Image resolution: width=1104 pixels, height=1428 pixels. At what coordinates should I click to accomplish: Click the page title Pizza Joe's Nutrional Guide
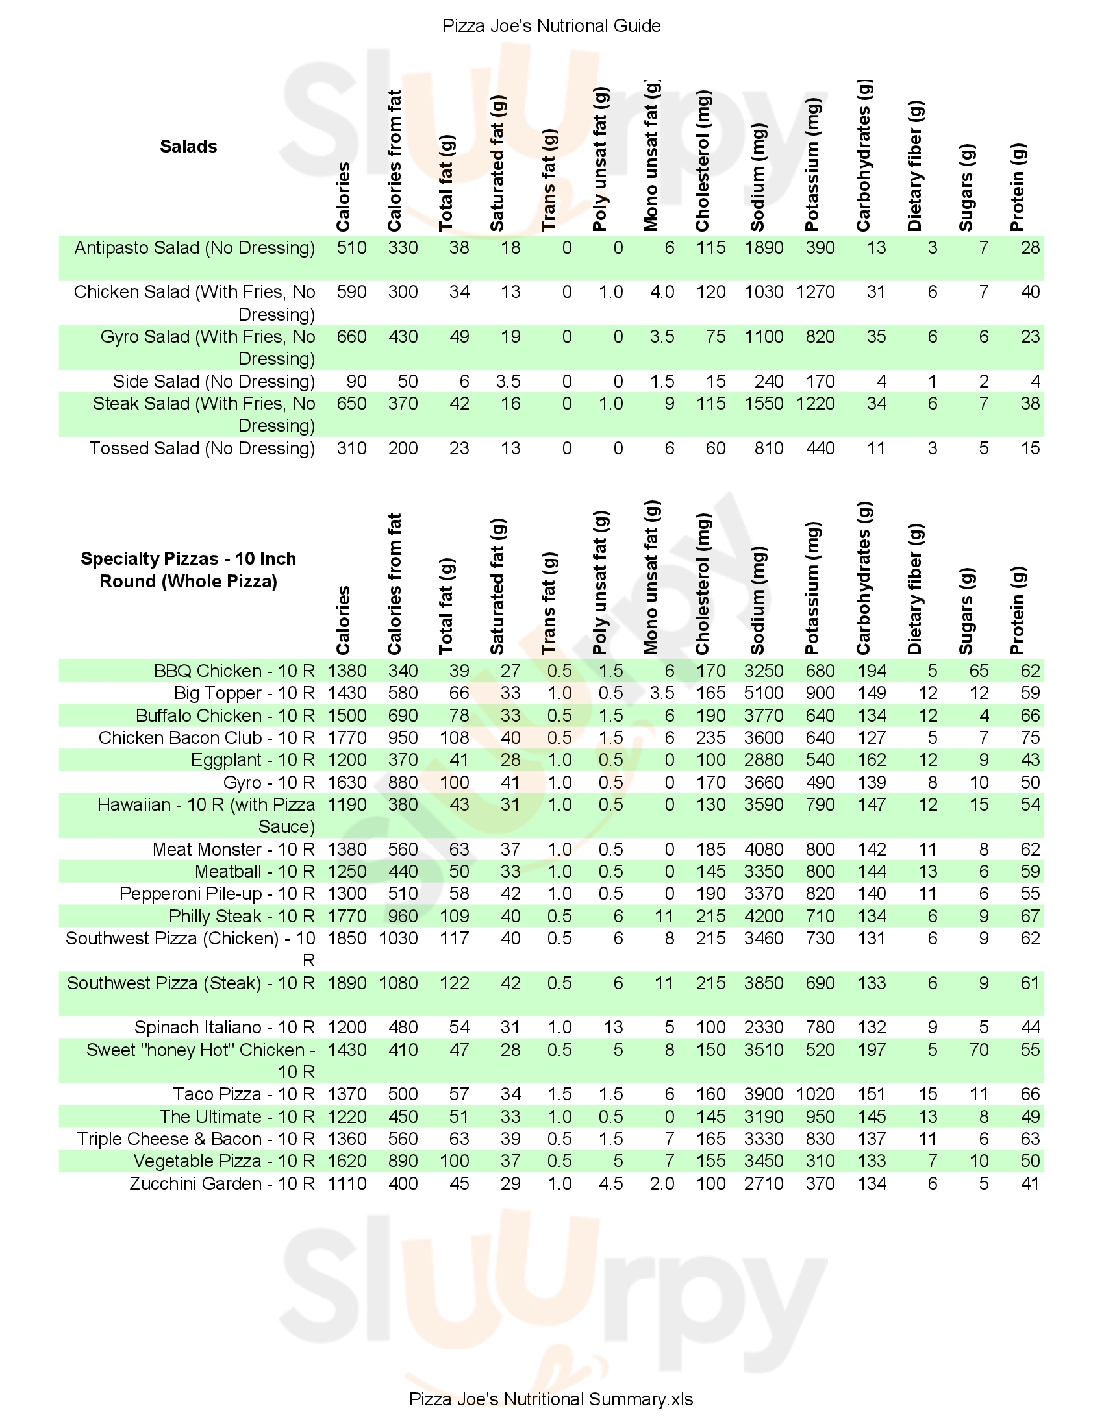point(551,25)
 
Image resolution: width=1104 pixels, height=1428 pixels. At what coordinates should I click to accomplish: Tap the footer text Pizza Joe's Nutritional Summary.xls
point(551,1399)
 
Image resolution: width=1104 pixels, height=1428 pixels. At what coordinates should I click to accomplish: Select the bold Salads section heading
point(188,147)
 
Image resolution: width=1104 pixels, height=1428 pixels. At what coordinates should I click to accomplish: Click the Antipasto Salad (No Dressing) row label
point(195,248)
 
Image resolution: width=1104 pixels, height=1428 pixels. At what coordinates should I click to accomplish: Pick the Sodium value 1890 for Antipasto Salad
point(763,248)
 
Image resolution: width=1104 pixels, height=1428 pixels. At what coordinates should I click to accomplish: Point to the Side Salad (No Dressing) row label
point(214,381)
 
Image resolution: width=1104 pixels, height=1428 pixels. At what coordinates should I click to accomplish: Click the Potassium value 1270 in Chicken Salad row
point(815,291)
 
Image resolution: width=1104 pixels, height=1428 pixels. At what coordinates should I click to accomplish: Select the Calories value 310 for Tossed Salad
point(351,449)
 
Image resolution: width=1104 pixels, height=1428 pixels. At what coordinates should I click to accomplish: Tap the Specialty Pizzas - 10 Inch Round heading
point(188,569)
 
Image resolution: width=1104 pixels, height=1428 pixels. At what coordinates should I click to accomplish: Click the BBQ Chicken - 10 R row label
point(234,671)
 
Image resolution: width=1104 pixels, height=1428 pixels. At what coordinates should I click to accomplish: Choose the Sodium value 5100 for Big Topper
point(763,693)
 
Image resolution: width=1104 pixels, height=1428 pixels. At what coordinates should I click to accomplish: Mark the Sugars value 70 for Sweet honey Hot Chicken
point(979,1050)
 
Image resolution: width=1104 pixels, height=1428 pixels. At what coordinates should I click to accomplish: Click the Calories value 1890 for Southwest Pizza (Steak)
point(347,983)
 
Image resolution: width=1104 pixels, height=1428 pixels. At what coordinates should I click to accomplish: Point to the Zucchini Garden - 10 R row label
point(222,1183)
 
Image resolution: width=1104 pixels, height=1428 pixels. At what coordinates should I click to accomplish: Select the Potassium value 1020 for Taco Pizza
point(815,1094)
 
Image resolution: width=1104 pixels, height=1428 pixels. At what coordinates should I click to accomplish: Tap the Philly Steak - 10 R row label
point(242,916)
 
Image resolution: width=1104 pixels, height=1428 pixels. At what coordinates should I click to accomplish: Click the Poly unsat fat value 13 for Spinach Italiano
point(613,1028)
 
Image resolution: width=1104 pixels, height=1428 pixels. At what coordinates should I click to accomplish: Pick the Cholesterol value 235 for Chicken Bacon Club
point(710,737)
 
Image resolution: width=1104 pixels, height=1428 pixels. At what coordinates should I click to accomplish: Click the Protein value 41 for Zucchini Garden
point(1030,1183)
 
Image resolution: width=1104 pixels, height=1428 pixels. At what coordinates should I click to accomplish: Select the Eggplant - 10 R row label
point(253,760)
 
